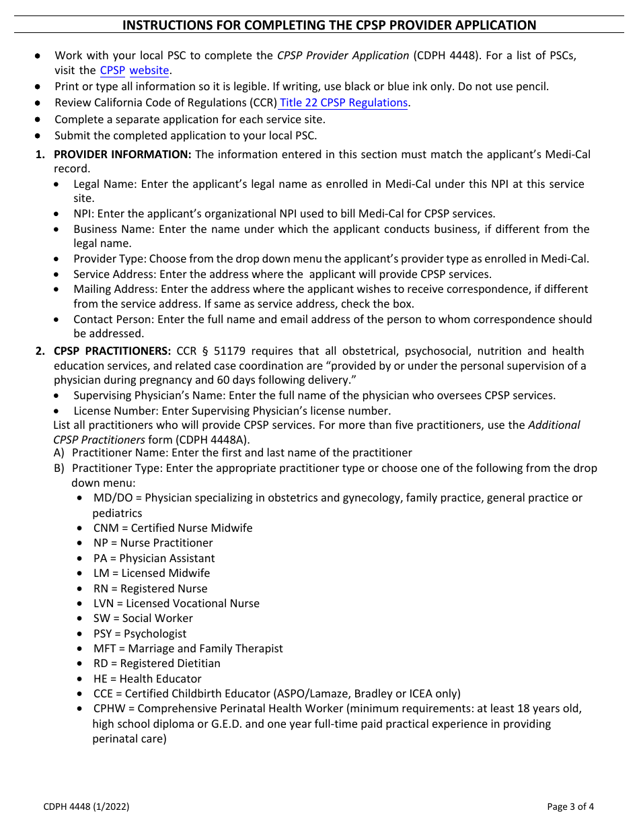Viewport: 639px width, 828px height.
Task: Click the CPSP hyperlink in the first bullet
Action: tap(112, 70)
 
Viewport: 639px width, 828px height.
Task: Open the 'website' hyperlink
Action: tap(149, 70)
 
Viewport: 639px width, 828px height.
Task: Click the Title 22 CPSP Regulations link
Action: tap(344, 102)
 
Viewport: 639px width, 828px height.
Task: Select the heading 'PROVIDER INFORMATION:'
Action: tap(122, 154)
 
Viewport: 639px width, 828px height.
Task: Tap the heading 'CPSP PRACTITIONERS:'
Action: tap(112, 351)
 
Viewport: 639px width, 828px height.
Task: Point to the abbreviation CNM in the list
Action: tap(106, 528)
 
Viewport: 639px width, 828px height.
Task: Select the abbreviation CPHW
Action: tap(108, 708)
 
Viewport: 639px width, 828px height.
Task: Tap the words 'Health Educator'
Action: tap(160, 679)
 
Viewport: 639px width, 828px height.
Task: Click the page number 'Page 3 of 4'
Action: tap(570, 806)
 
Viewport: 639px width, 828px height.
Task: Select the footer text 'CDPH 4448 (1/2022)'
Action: tap(86, 806)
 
